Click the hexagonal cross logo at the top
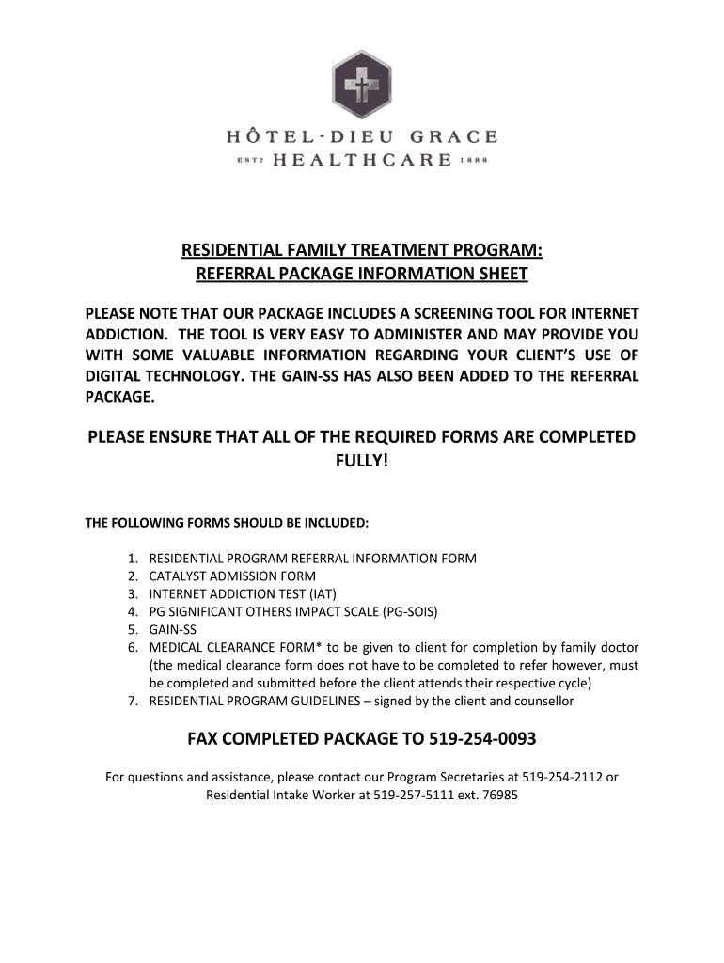pos(362,85)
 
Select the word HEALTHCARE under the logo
pos(362,160)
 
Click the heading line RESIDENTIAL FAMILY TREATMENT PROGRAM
pos(362,251)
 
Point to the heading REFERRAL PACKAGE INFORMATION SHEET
pos(362,274)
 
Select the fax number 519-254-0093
pos(482,739)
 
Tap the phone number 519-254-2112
pos(554,778)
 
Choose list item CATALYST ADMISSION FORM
pos(232,576)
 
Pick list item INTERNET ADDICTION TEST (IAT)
pos(243,593)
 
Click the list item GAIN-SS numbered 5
pos(173,629)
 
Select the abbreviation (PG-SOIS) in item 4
pos(410,611)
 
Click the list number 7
pos(134,701)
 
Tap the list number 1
pos(134,558)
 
